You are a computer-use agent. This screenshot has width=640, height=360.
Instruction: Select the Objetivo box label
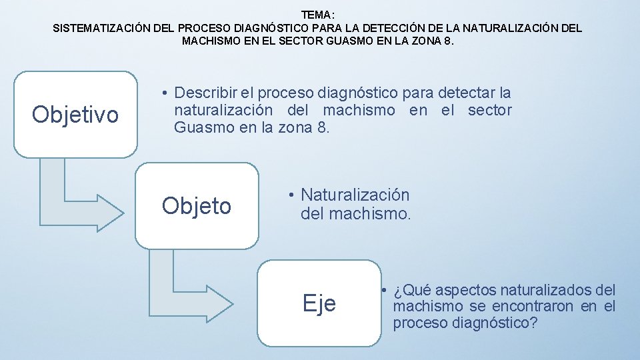[75, 115]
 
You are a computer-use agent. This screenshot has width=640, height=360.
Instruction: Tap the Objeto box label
[196, 206]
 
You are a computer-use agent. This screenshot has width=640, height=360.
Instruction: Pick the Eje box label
[319, 303]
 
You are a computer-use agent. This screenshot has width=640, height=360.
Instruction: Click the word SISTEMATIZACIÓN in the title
[101, 29]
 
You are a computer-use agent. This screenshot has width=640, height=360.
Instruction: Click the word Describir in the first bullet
[205, 93]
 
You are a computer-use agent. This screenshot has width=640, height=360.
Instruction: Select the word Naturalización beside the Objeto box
[355, 195]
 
